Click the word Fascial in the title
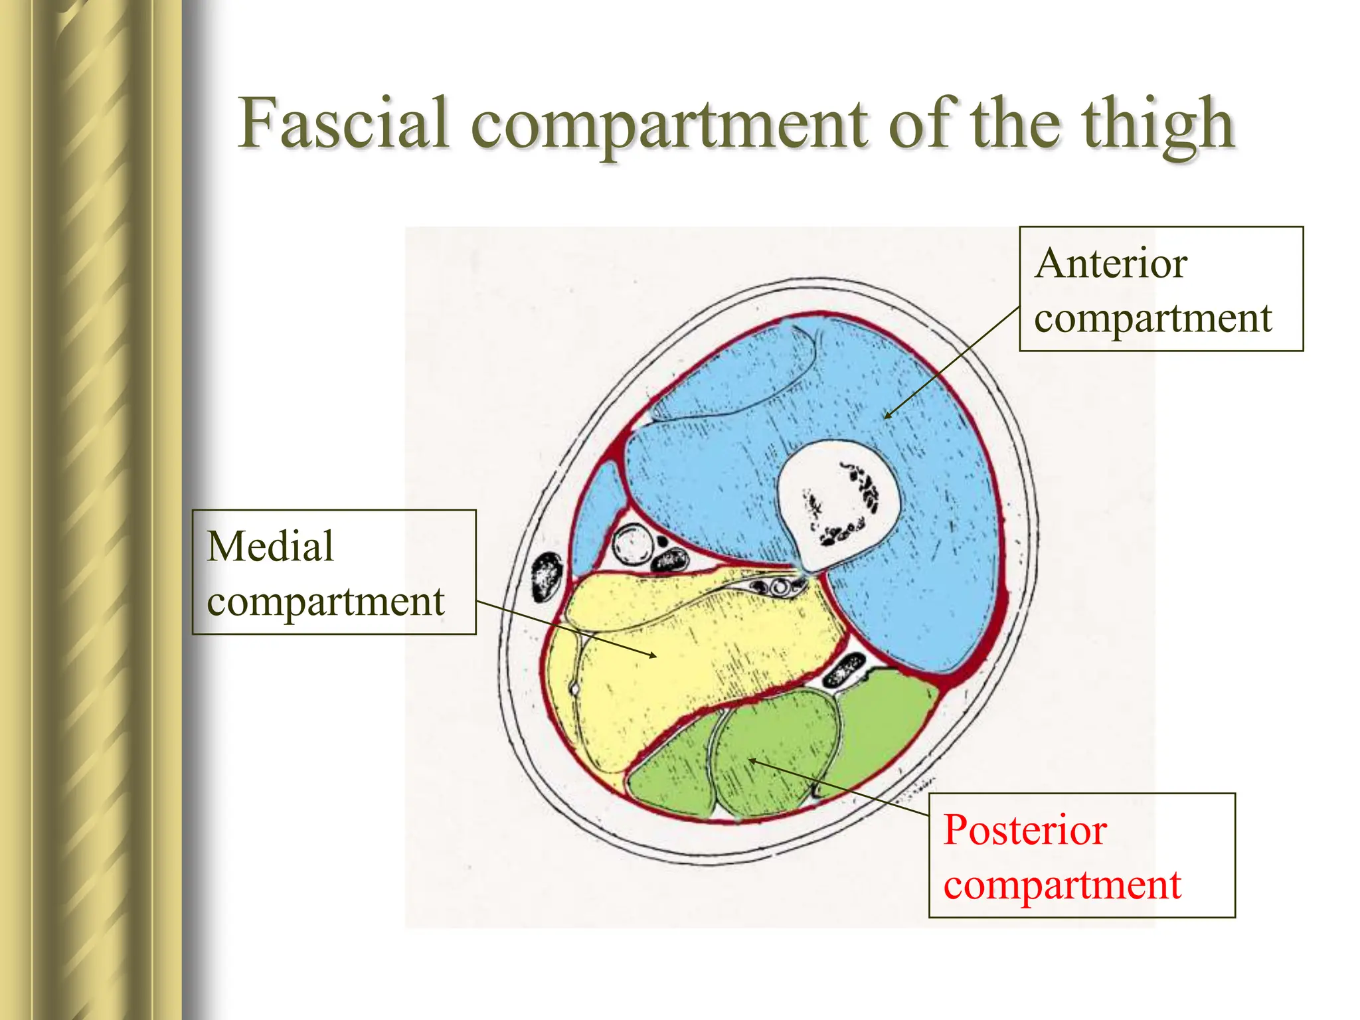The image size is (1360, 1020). (x=344, y=124)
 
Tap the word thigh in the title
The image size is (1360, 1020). (x=1158, y=125)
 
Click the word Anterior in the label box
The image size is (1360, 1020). (x=1110, y=264)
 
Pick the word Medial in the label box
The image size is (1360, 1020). (x=270, y=547)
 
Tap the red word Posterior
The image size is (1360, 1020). (x=1025, y=830)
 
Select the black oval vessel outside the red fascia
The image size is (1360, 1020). (x=548, y=576)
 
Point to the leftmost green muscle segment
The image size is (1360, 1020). (x=671, y=770)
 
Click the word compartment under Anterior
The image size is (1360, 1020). (x=1153, y=319)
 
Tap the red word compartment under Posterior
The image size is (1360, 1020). (x=1062, y=886)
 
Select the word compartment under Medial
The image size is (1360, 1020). (x=325, y=602)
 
